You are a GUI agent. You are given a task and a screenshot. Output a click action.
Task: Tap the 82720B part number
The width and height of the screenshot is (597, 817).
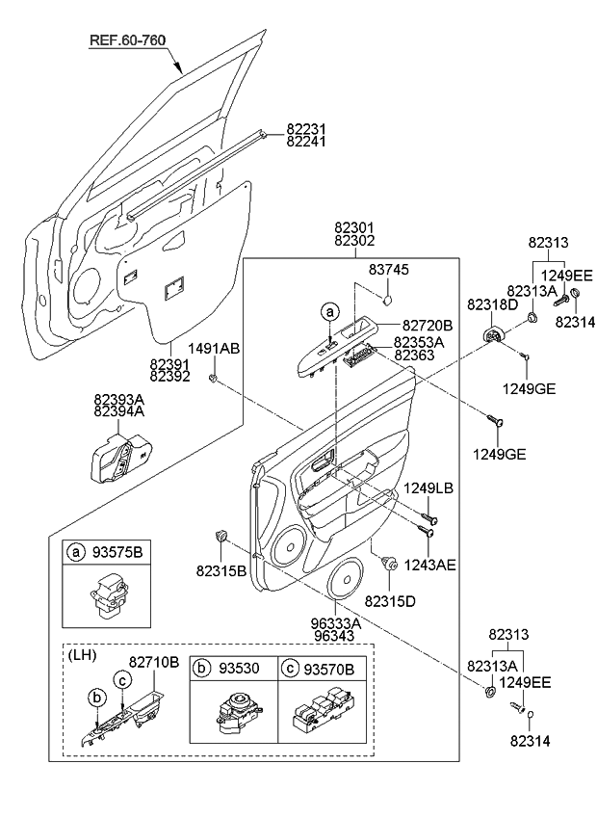[428, 326]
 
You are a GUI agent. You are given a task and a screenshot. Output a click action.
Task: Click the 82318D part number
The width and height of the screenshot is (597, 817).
[492, 304]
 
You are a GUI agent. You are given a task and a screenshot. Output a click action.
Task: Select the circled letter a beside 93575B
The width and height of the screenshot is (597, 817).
[74, 553]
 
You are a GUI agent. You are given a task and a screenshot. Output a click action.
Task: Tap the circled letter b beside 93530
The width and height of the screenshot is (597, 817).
[203, 667]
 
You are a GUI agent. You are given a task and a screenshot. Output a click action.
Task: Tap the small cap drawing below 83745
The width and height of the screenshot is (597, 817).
[387, 301]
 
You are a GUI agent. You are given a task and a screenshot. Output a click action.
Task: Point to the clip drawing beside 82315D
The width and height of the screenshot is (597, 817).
[391, 566]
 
